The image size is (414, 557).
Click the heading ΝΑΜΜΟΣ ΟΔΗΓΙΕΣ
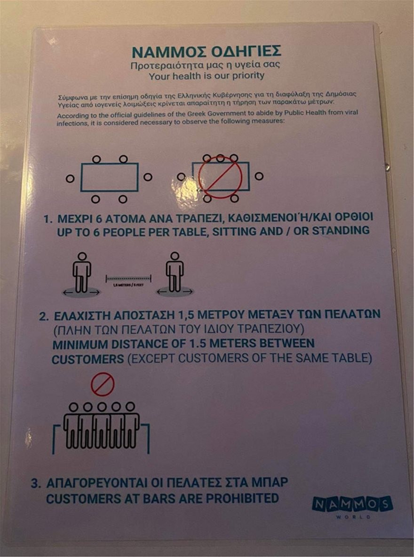[x=206, y=51]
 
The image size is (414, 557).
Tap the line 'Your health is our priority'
[x=207, y=75]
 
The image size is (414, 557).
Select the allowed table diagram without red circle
[x=109, y=177]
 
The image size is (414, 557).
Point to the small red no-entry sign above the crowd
[x=103, y=384]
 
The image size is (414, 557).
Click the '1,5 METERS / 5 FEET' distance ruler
[x=128, y=280]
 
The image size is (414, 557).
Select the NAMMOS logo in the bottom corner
[x=352, y=505]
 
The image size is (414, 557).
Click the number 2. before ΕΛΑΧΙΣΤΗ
[x=43, y=315]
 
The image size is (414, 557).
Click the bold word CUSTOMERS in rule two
[x=88, y=359]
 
